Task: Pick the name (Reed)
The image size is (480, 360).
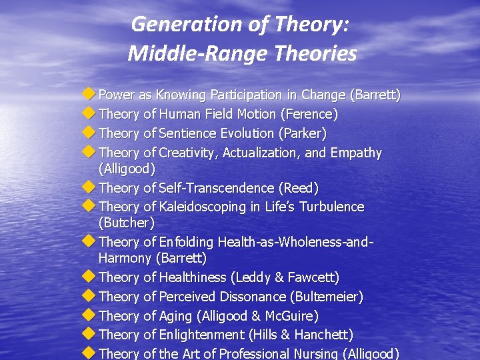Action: [299, 189]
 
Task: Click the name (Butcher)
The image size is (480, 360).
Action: [126, 223]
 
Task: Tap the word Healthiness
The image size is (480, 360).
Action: [193, 277]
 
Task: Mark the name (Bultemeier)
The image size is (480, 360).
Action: [327, 297]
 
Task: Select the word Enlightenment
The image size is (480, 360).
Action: [202, 335]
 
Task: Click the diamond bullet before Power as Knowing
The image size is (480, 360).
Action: [88, 95]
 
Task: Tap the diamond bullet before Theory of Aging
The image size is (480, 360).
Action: [88, 315]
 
